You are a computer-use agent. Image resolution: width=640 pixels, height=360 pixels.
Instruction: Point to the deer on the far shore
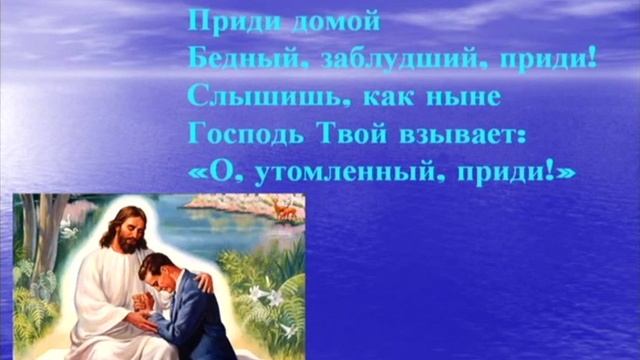coord(286,209)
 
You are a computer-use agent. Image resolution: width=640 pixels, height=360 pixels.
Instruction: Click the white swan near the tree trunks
coord(69,229)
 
